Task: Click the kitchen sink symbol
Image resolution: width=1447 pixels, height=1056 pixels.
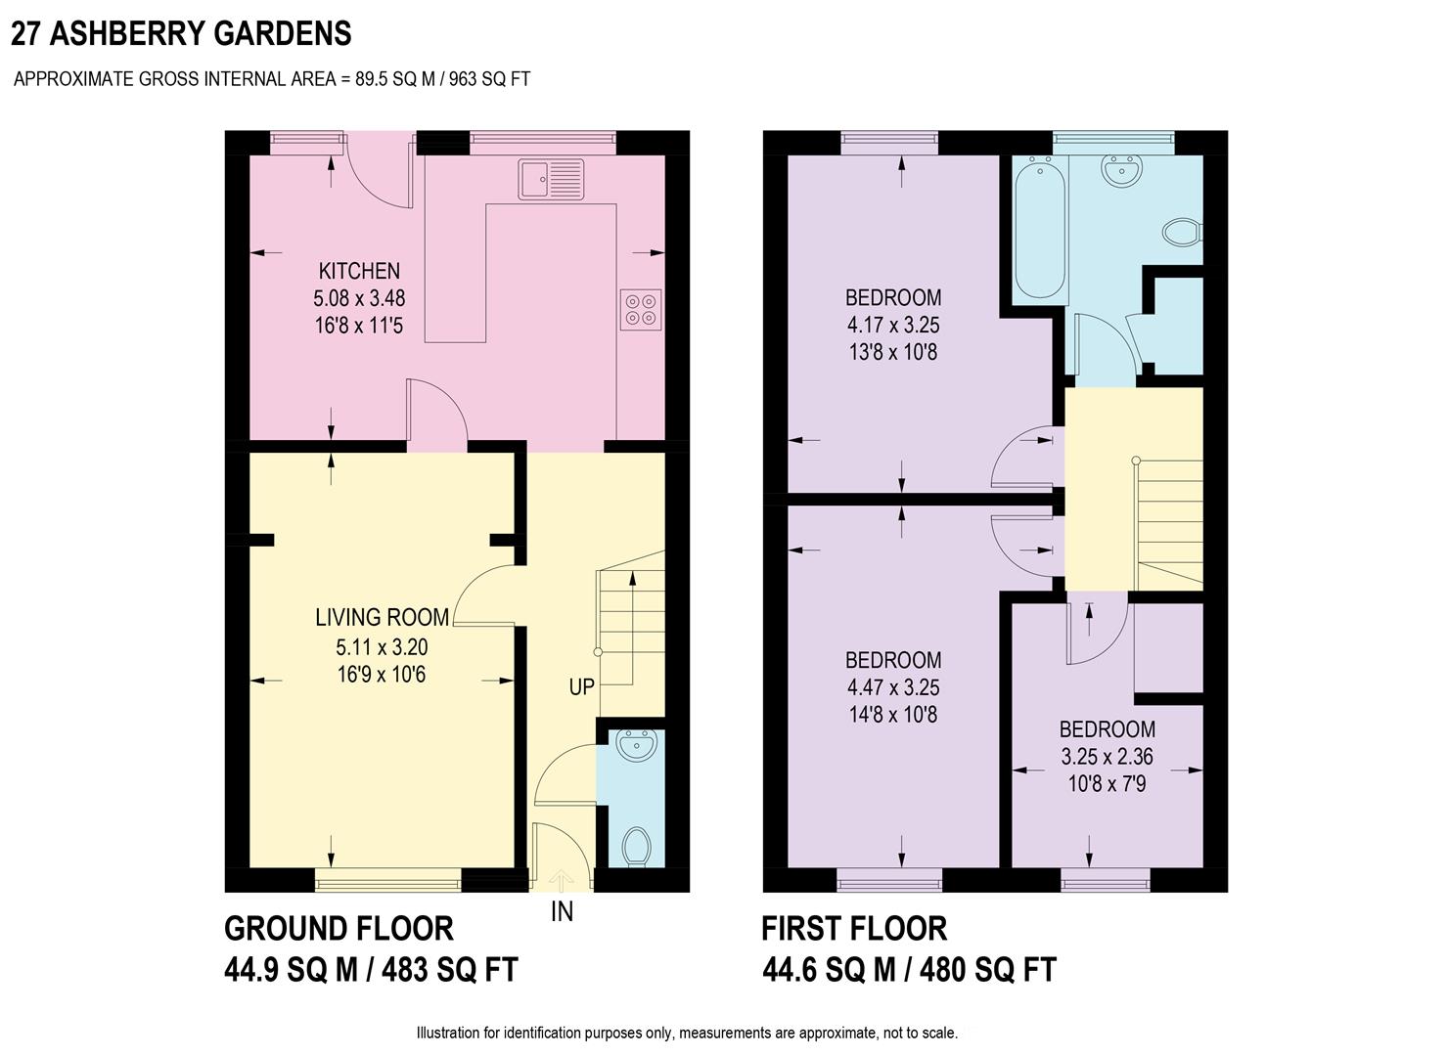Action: coord(551,180)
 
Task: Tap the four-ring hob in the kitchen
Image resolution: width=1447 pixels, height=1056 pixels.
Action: coord(641,308)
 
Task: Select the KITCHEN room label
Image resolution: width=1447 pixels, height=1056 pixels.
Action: coord(359,271)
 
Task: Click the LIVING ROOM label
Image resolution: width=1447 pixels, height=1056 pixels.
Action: coord(382,617)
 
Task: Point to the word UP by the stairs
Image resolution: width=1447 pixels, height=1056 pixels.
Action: coord(581,687)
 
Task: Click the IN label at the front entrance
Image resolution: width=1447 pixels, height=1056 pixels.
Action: coord(562,911)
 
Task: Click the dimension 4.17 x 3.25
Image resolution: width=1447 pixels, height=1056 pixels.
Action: coord(893,325)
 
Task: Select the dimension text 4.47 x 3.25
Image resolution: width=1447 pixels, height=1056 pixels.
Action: coord(893,687)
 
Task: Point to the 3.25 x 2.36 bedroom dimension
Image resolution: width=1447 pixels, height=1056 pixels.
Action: coord(1107,756)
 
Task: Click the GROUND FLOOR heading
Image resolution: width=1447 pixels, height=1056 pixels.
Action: coord(339,928)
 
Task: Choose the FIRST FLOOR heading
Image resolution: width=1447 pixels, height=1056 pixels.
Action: coord(854,928)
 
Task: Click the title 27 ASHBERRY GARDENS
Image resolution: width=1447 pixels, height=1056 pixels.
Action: coord(181,34)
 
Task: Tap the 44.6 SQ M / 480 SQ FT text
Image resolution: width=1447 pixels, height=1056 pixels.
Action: coord(909,970)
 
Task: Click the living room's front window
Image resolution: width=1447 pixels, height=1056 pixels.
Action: coord(387,882)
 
